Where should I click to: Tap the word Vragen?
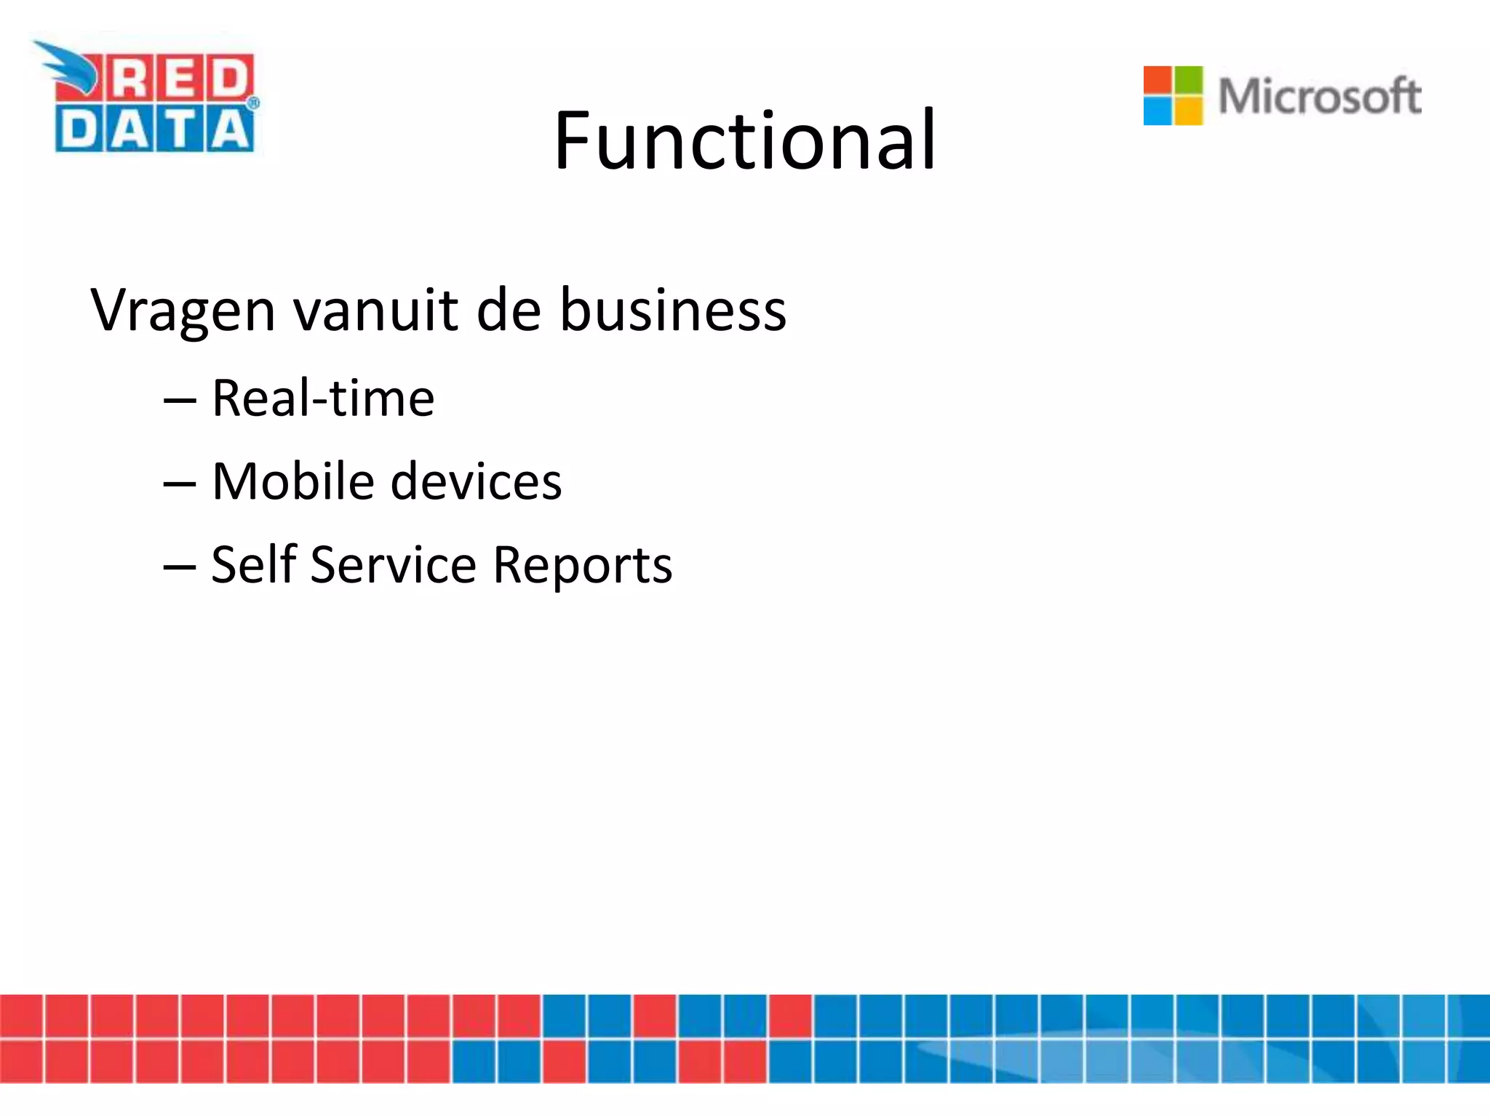pos(183,311)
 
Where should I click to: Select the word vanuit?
pos(376,311)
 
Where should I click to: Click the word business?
pos(672,311)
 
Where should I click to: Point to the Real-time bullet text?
pos(323,399)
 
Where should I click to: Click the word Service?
pos(393,564)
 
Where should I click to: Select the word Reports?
pos(582,566)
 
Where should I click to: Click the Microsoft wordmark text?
pos(1319,96)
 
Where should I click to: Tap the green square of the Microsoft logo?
pos(1189,81)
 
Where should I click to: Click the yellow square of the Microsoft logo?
pos(1189,111)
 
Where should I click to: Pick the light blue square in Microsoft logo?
pos(1158,111)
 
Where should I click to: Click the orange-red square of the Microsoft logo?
pos(1158,81)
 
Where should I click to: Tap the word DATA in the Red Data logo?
pos(154,131)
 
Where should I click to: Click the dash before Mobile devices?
pos(180,483)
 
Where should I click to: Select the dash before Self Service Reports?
pos(180,566)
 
